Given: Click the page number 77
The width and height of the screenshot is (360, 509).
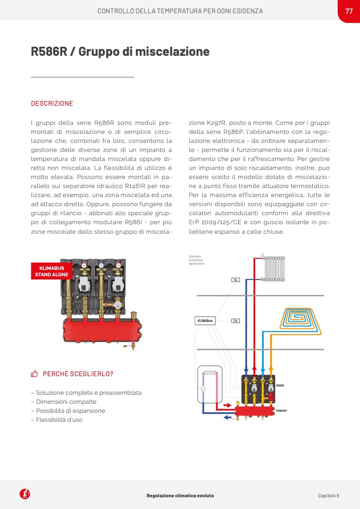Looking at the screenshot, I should [x=349, y=11].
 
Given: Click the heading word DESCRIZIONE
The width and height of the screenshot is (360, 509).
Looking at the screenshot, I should [x=52, y=104].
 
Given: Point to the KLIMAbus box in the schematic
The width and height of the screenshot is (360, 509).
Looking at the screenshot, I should [x=205, y=321].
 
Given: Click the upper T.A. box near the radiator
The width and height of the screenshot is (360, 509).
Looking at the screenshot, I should [x=236, y=279].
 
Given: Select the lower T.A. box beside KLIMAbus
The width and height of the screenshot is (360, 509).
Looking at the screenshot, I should [x=236, y=321].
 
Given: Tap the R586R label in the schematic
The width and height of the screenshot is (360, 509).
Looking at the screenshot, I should [x=280, y=385].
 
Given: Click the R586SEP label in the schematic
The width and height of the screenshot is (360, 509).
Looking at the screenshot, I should [x=282, y=411].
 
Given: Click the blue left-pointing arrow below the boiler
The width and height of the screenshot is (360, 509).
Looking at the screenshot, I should [x=228, y=418].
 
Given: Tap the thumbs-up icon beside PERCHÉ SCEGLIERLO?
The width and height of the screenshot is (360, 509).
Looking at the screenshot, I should [x=35, y=374].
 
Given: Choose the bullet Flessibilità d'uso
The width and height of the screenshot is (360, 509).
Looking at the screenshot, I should [x=57, y=420].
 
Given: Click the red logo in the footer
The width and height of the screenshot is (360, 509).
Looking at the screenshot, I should [x=24, y=495].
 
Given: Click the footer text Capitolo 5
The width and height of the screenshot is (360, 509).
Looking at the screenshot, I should [x=328, y=496].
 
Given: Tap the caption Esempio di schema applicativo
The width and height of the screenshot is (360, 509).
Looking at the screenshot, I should [x=197, y=260].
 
